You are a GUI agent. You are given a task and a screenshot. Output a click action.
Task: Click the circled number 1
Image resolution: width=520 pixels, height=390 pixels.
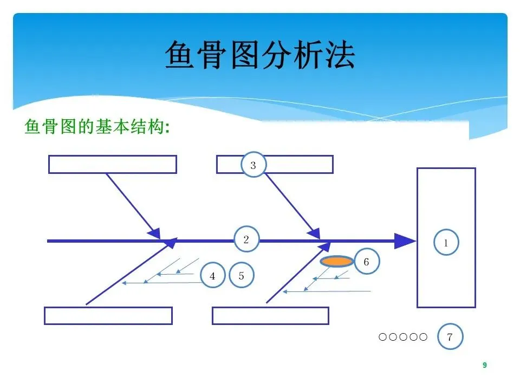click(x=446, y=243)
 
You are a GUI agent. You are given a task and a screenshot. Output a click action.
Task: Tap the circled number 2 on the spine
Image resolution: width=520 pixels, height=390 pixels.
click(x=246, y=239)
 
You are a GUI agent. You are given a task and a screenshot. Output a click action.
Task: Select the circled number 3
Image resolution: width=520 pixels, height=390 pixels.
click(x=253, y=165)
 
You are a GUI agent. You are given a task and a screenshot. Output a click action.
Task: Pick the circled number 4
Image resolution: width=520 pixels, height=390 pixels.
click(x=212, y=276)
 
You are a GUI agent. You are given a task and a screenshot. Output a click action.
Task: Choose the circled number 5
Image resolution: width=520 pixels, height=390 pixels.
click(x=242, y=276)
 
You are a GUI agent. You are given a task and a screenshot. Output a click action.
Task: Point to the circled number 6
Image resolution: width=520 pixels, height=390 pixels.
click(x=366, y=262)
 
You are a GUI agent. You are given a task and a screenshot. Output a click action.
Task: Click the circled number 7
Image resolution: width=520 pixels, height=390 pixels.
click(x=450, y=337)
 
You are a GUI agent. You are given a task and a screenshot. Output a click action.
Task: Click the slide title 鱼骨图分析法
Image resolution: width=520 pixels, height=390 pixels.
click(x=259, y=55)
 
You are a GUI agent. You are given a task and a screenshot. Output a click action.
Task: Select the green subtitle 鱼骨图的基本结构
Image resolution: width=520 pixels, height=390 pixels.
click(x=97, y=128)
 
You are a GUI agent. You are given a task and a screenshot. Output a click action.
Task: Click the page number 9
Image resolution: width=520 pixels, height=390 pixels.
click(x=485, y=366)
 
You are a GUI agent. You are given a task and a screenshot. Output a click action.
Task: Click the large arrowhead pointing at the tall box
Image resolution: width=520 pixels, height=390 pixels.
click(x=404, y=240)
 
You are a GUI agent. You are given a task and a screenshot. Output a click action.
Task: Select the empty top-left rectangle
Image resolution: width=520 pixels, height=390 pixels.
click(x=112, y=164)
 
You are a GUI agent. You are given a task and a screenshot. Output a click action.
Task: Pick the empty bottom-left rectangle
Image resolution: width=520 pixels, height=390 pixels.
click(x=108, y=316)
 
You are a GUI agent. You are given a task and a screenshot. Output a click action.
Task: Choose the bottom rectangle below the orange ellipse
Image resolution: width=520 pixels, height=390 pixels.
click(x=270, y=316)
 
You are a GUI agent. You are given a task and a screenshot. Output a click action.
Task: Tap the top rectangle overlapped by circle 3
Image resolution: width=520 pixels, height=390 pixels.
click(x=298, y=164)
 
